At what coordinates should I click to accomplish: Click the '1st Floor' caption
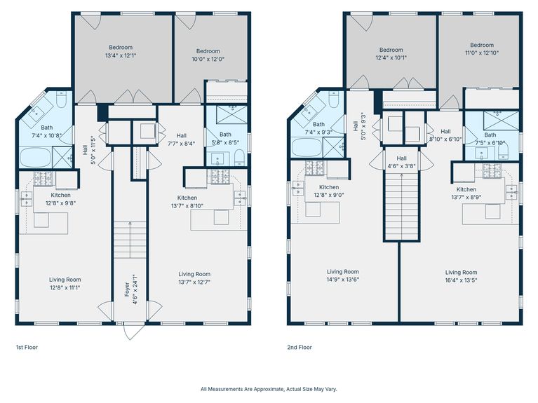(x=27, y=347)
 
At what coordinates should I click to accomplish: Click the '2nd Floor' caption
(x=300, y=347)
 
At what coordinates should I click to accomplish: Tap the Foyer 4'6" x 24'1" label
(x=131, y=289)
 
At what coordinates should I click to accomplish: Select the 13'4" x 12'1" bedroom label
(x=121, y=51)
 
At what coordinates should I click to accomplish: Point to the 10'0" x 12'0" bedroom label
(x=208, y=55)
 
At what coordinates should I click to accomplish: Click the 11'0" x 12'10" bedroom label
(x=482, y=48)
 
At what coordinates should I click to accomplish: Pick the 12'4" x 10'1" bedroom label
(x=391, y=53)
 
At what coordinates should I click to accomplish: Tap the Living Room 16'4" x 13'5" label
(x=461, y=276)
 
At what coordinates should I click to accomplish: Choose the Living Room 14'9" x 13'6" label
(x=343, y=275)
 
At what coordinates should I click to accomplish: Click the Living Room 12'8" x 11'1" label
(x=65, y=284)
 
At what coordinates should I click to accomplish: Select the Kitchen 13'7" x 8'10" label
(x=187, y=202)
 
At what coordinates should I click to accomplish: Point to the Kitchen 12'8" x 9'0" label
(x=329, y=191)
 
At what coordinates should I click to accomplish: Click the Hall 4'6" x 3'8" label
(x=401, y=162)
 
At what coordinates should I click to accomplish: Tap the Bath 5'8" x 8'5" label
(x=225, y=138)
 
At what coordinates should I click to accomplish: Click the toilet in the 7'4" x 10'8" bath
(x=61, y=99)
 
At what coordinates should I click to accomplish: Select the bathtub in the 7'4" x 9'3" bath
(x=307, y=147)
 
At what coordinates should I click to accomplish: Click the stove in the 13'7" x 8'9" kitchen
(x=492, y=171)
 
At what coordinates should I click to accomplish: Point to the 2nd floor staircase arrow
(x=402, y=206)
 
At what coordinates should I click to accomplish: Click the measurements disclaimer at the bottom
(x=269, y=389)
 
